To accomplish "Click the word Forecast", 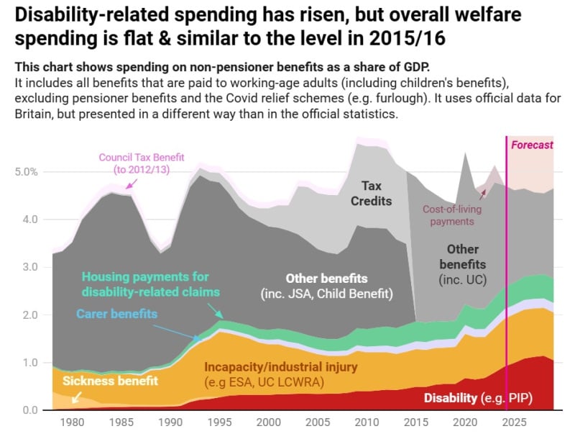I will [532, 145].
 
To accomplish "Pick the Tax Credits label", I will [371, 193].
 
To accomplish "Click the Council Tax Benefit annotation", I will [142, 163].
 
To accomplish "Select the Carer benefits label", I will [116, 314].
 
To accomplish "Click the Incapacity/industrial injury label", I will [281, 367].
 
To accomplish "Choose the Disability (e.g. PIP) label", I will [478, 397].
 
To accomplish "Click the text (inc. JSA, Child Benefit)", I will [327, 294].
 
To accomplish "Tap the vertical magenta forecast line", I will [507, 288].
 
